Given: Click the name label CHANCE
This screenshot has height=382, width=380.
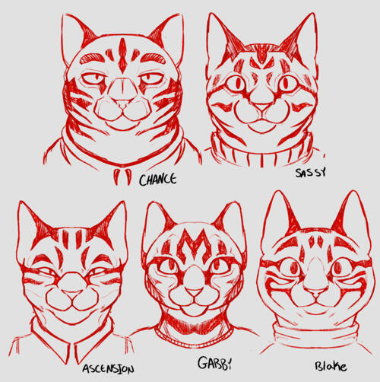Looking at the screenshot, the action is (157, 179).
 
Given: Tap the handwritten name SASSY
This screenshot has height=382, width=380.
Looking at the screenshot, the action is (310, 173).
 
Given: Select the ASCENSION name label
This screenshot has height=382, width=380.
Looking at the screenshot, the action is (108, 369).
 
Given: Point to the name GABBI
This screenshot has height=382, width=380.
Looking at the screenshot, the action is (214, 363).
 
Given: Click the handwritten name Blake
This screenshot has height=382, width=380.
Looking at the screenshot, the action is (331, 366).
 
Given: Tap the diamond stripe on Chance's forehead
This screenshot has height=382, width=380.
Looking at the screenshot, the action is (122, 56).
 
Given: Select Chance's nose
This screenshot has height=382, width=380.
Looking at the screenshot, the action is (123, 103).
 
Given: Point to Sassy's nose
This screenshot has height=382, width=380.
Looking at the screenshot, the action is (261, 107).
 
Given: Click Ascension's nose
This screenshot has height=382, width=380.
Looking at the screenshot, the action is (72, 294).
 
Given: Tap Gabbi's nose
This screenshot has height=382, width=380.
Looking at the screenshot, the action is (193, 291).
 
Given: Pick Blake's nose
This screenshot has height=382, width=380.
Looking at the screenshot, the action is (316, 293).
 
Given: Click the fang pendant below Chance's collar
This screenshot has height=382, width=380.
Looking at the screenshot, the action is (122, 176).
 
